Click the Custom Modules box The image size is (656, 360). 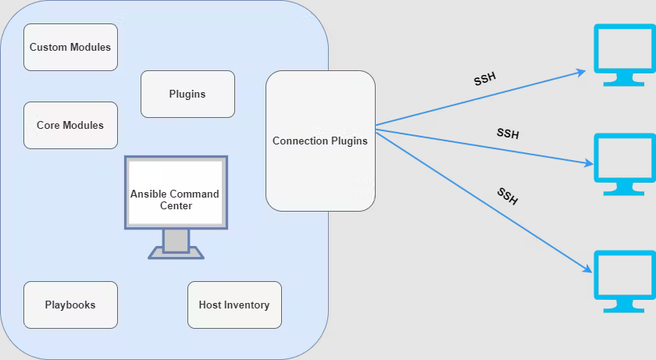(70, 47)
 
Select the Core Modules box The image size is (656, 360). (70, 125)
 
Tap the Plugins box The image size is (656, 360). (187, 94)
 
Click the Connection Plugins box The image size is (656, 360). (320, 141)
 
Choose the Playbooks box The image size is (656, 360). (70, 305)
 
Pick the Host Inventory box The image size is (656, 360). (234, 305)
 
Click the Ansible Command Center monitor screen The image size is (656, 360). (175, 193)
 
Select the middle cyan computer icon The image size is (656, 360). (624, 159)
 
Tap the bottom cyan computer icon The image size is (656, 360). (624, 276)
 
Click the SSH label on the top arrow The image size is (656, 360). (485, 80)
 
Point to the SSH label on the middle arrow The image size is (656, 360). (508, 134)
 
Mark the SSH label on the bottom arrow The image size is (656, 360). (507, 196)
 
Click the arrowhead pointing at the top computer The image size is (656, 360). (581, 72)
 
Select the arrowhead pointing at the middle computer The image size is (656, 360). (587, 163)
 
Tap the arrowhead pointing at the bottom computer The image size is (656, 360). (586, 268)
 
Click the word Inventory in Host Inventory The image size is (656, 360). (246, 305)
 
